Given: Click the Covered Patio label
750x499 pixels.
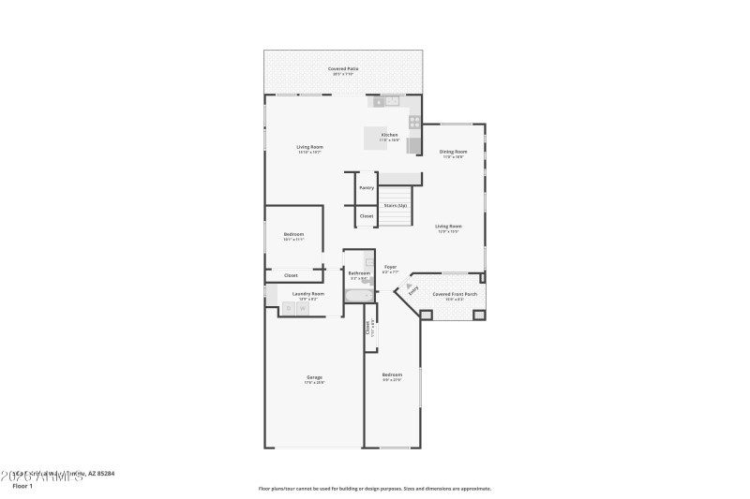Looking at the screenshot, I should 343,69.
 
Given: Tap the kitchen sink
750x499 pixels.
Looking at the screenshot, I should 386,100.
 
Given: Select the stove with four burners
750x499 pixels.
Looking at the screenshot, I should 413,121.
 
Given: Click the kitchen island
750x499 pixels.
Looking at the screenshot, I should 376,138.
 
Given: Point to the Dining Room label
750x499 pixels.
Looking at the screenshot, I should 454,152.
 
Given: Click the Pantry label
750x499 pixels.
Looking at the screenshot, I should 367,187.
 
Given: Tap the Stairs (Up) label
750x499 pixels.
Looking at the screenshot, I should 396,205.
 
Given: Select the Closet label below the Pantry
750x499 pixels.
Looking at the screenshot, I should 367,216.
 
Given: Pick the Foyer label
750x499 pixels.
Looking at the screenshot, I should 390,267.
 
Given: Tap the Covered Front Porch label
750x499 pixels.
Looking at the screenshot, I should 455,294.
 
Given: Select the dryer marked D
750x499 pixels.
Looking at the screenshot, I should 289,307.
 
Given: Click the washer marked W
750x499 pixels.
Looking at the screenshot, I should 303,307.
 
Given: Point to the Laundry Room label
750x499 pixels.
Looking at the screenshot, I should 307,294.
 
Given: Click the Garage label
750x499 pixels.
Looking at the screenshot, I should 314,377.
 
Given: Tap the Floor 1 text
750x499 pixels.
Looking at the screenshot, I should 22,486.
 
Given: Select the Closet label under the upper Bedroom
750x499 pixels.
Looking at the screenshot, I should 291,275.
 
